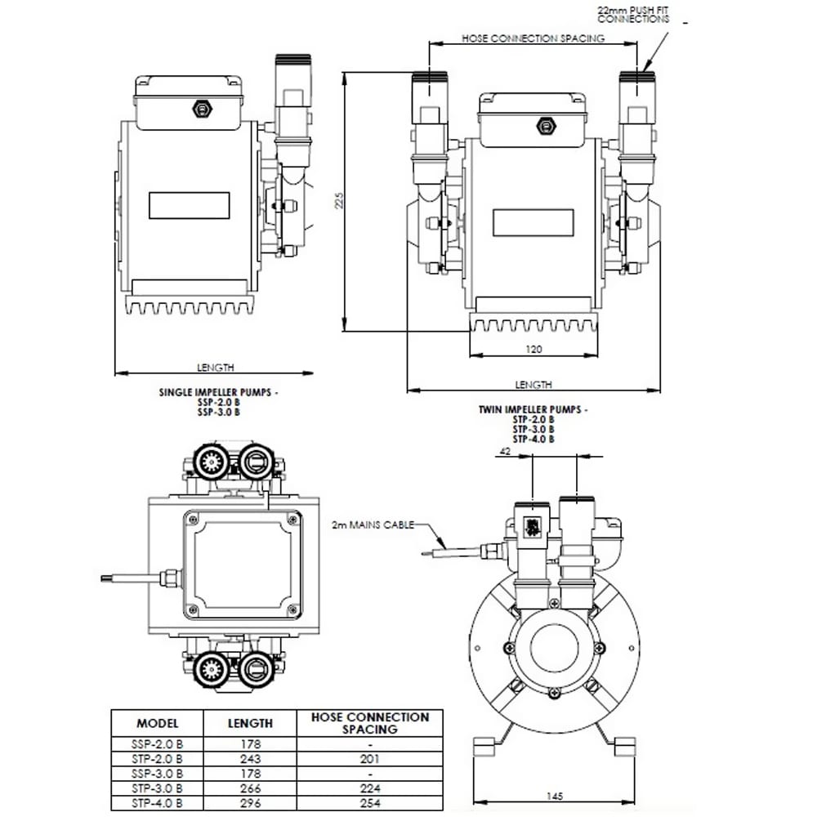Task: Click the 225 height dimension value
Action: tap(339, 201)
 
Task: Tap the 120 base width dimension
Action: tap(534, 349)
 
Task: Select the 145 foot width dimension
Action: tap(555, 796)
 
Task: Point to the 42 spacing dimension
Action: tap(505, 451)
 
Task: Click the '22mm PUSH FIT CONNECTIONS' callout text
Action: tap(633, 15)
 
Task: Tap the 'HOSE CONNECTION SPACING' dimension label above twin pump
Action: tap(533, 38)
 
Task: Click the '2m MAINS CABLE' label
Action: tap(373, 525)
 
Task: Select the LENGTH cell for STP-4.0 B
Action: tap(250, 803)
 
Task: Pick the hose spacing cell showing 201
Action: tap(370, 759)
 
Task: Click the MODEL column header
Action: tap(158, 723)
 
